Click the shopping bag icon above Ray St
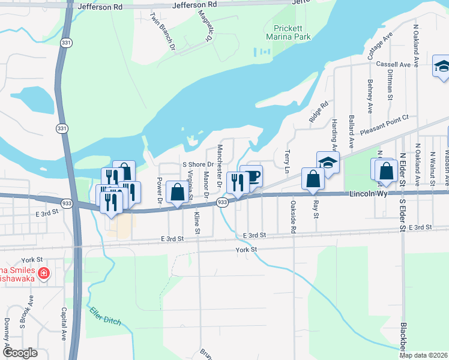tap(313, 179)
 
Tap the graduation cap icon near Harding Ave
tap(328, 163)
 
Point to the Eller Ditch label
tap(105, 316)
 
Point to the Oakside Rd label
tap(293, 218)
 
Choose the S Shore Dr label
tap(198, 164)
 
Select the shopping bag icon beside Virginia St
tap(177, 193)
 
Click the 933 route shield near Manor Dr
tap(222, 203)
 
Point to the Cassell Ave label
tap(393, 64)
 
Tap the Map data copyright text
tap(424, 355)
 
